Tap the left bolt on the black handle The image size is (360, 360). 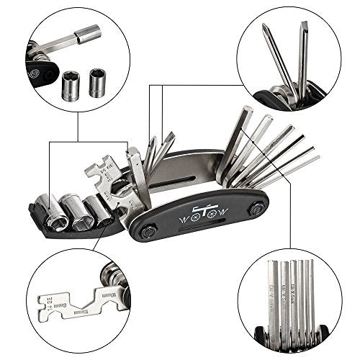pos(150,231)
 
